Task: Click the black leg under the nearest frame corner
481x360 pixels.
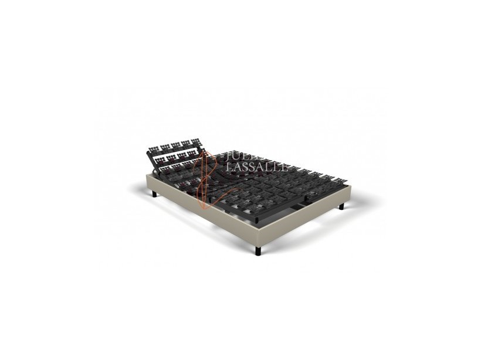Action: tap(258, 250)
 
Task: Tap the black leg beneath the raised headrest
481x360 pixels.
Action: tap(154, 193)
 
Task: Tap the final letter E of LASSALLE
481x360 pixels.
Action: tap(284, 167)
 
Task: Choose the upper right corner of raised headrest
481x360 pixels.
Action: tap(198, 140)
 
